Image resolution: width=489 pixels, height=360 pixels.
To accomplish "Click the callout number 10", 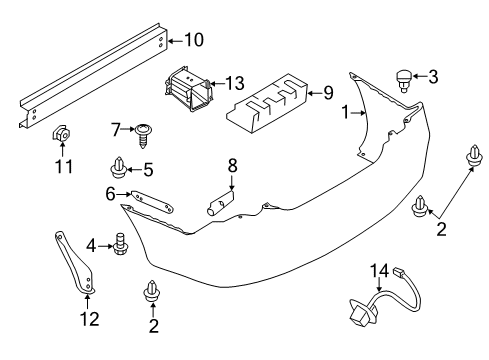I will pos(193,40).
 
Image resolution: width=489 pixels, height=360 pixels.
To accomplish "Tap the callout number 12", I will pos(89,323).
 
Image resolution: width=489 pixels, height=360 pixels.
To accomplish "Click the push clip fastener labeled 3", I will pos(405,76).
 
